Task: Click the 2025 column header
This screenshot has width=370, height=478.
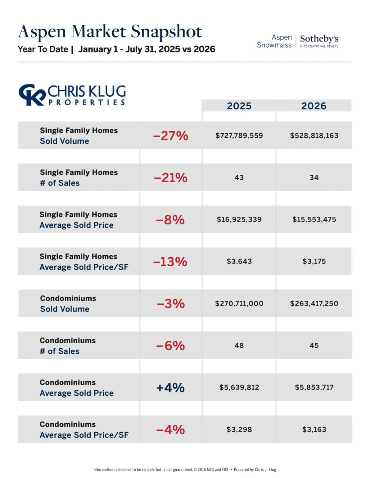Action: click(239, 106)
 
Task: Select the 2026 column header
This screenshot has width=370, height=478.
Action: click(313, 106)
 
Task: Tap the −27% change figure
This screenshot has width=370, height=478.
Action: click(171, 135)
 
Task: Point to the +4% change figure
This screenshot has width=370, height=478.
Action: click(170, 387)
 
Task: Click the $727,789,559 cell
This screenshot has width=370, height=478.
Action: click(239, 135)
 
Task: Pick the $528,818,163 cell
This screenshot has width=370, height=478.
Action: click(314, 135)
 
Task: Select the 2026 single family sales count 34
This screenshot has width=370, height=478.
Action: click(314, 177)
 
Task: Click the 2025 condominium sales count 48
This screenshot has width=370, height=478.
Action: click(239, 345)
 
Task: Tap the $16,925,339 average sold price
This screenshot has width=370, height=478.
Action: click(239, 219)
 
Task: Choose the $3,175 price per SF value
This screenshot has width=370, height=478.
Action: click(314, 261)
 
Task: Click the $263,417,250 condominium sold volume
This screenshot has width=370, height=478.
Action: click(314, 303)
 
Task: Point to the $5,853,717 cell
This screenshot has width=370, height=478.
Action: click(314, 387)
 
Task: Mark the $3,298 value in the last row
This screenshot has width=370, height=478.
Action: click(239, 429)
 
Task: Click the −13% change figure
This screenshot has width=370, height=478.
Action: click(170, 262)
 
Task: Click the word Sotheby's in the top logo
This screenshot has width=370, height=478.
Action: click(319, 39)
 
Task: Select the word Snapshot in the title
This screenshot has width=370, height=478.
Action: click(166, 32)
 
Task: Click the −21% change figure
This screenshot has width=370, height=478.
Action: click(171, 178)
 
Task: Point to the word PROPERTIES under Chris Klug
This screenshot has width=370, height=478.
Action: click(86, 102)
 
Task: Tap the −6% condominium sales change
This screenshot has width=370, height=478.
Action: click(171, 345)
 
